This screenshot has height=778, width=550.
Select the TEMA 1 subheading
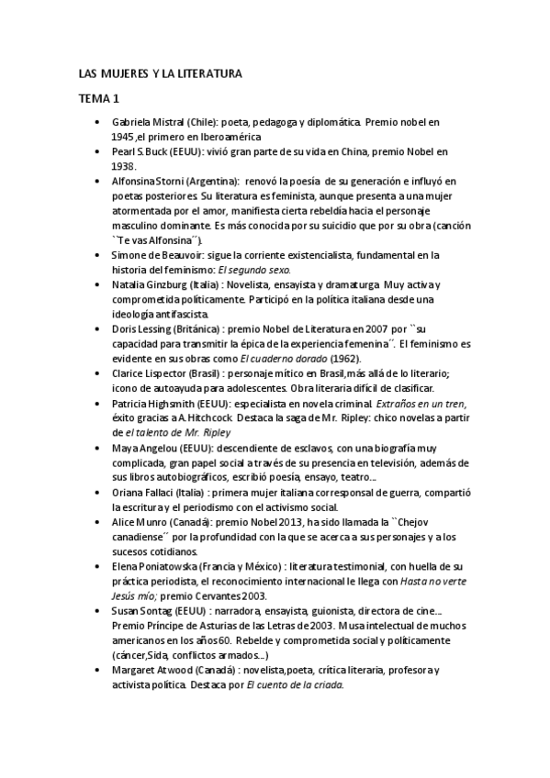pos(97,97)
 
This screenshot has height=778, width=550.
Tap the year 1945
pos(124,136)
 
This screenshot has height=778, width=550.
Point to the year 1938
pos(124,166)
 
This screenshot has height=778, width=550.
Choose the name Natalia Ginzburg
pos(150,285)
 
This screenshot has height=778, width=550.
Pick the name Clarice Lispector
pos(149,374)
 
